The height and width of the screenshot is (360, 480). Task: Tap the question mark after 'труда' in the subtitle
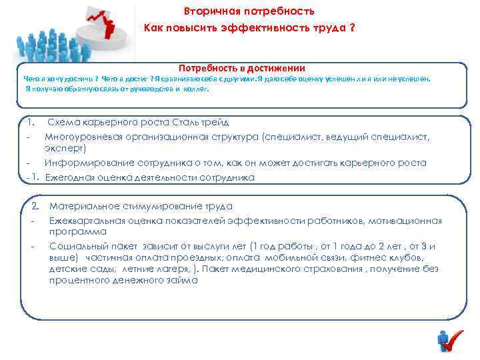351,29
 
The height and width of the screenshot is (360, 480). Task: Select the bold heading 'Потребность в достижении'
241,68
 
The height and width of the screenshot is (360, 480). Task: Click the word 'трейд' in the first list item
215,123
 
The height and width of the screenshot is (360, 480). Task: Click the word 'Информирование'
79,163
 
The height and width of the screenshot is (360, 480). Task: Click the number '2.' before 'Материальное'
37,207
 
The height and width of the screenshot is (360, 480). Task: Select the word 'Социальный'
74,245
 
